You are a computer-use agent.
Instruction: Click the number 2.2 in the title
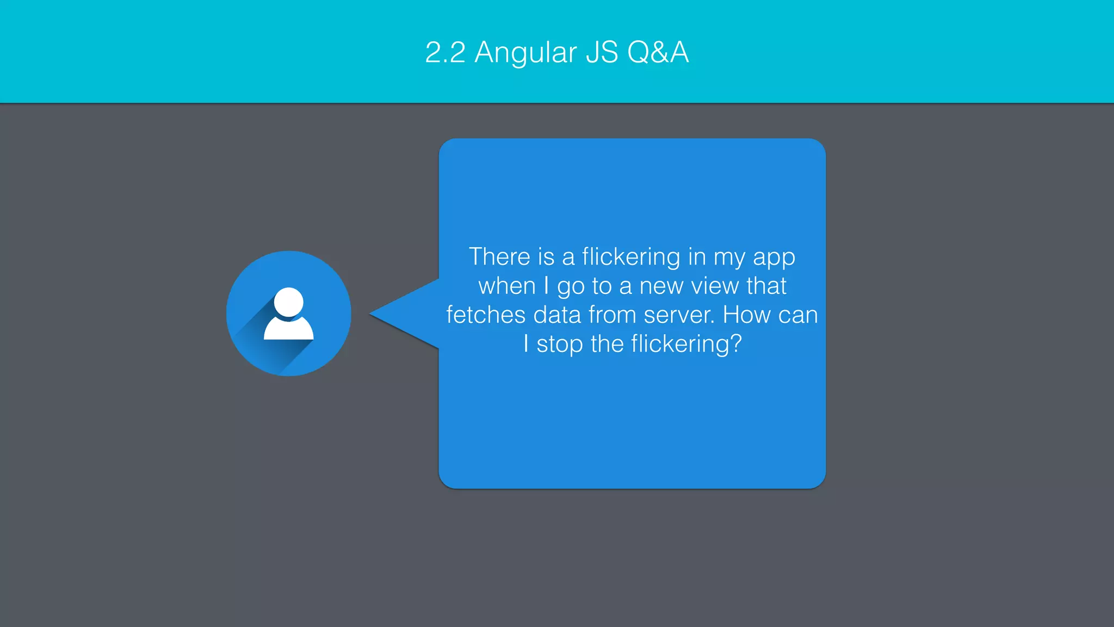coord(445,53)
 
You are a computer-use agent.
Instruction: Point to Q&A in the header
coord(658,53)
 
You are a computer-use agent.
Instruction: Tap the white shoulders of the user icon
coord(289,330)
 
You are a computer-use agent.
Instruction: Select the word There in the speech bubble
coord(499,257)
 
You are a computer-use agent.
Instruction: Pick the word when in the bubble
coord(506,286)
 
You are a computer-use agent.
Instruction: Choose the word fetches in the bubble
coord(486,315)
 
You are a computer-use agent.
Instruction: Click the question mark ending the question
coord(735,344)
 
